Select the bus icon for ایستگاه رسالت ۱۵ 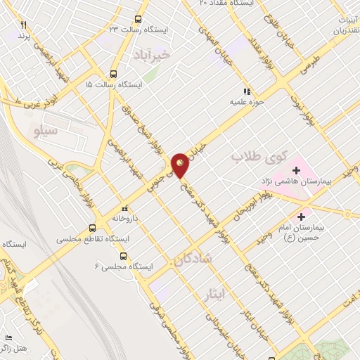(114, 74)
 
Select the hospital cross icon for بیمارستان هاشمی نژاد (296, 170)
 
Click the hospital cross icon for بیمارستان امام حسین (302, 216)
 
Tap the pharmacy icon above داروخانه (125, 208)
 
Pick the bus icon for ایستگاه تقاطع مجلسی (92, 228)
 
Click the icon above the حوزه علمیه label (246, 91)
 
